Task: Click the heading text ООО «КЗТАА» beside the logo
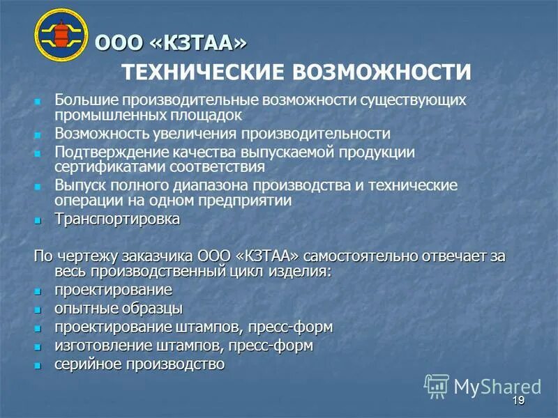pyautogui.click(x=170, y=43)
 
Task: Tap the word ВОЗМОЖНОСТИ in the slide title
pyautogui.click(x=382, y=72)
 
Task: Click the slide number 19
pyautogui.click(x=517, y=401)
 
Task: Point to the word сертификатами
pyautogui.click(x=97, y=167)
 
